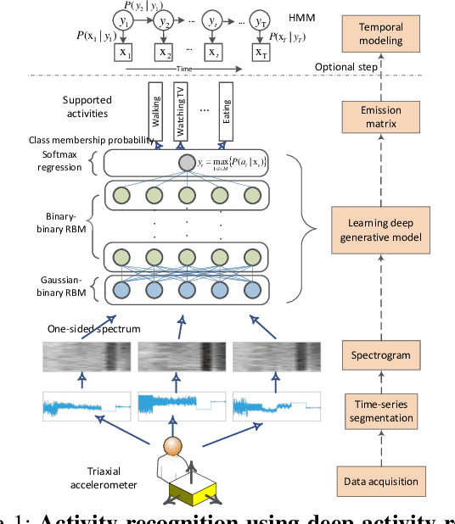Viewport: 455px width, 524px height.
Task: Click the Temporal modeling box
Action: [381, 34]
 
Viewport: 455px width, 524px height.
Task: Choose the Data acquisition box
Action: [381, 482]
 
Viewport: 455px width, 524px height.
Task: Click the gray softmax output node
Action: [186, 162]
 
